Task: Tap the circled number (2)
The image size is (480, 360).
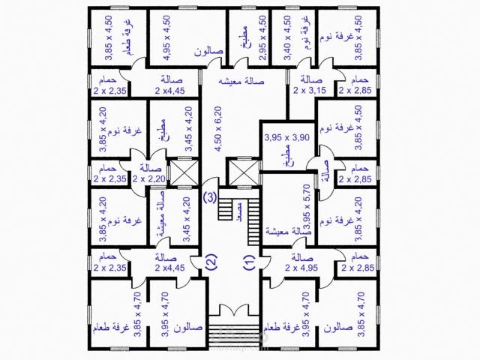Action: point(211,262)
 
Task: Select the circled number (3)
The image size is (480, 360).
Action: point(211,198)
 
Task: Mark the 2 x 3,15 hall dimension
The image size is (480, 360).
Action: point(307,91)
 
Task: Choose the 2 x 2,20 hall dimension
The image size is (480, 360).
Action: point(148,179)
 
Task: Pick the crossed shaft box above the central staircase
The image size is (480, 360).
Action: point(241,172)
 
